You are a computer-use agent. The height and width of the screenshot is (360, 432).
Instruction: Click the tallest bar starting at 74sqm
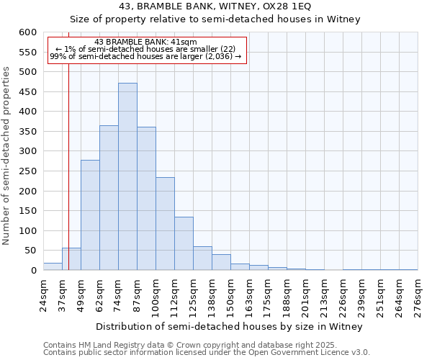pyautogui.click(x=127, y=176)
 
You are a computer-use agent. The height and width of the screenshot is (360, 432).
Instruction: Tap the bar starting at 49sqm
pyautogui.click(x=90, y=215)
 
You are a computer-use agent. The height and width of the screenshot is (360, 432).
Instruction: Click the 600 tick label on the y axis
pyautogui.click(x=27, y=32)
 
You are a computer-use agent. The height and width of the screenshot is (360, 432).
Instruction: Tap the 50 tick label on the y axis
pyautogui.click(x=30, y=251)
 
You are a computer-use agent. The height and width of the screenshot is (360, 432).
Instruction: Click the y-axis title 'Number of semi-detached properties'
pyautogui.click(x=7, y=156)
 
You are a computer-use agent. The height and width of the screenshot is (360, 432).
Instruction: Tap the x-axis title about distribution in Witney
pyautogui.click(x=229, y=326)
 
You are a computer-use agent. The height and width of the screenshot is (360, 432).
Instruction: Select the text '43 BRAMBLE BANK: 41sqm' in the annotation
pyautogui.click(x=145, y=42)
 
